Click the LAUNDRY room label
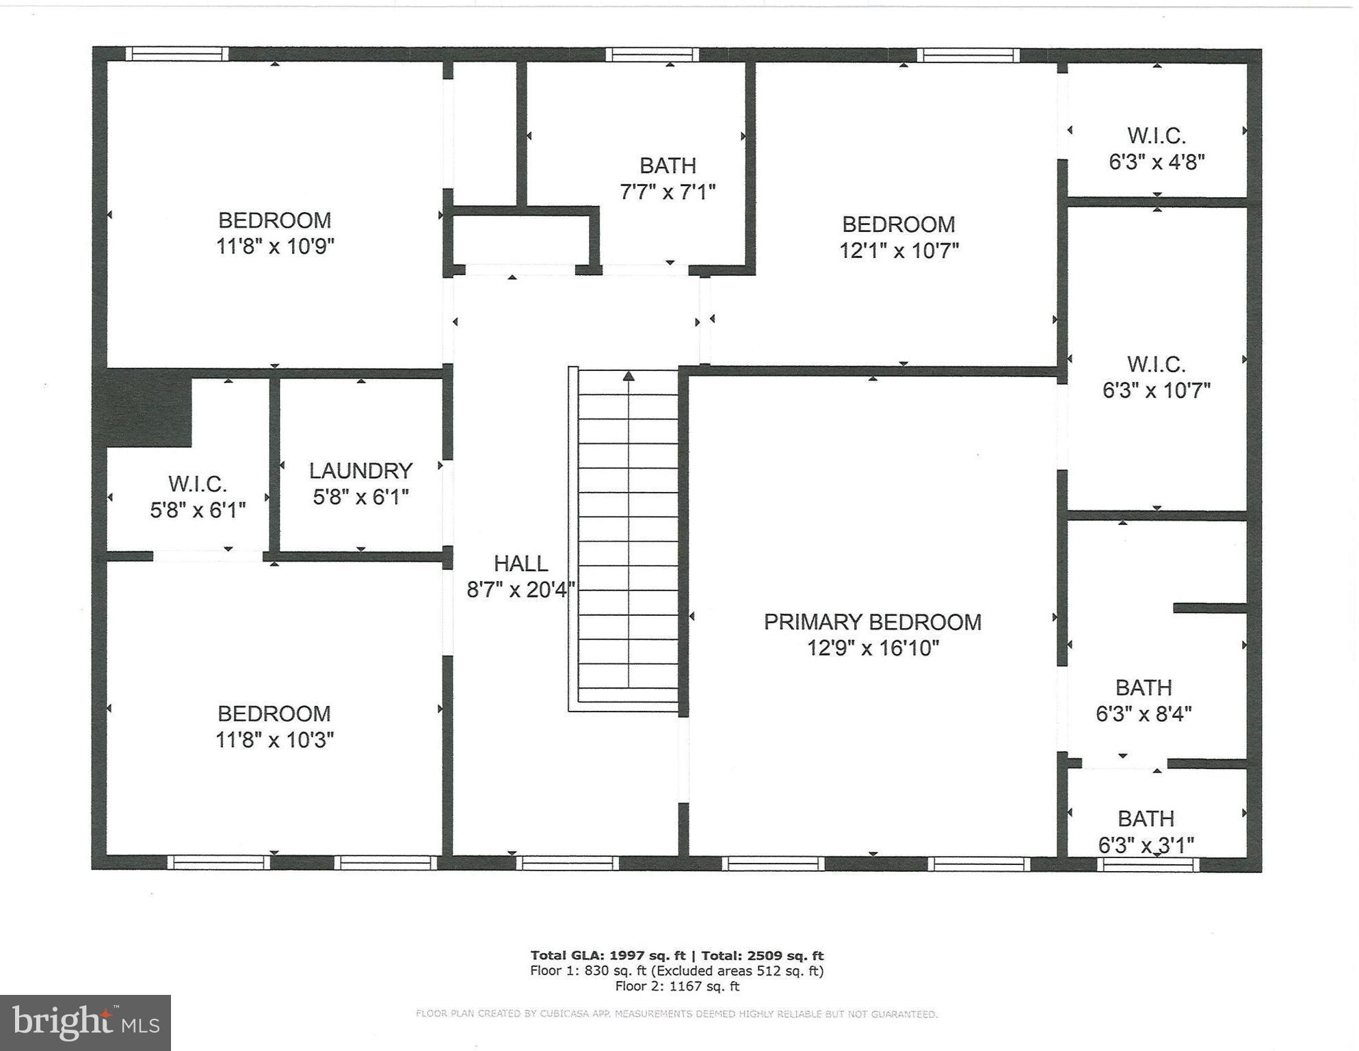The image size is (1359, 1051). click(360, 471)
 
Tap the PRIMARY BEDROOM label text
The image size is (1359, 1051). click(872, 622)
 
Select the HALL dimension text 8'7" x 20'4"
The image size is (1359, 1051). click(520, 589)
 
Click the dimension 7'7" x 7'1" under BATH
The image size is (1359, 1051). click(667, 192)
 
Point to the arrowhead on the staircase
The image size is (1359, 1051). click(629, 376)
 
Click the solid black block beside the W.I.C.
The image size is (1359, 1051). click(148, 408)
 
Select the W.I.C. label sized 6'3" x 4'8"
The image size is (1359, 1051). click(1156, 135)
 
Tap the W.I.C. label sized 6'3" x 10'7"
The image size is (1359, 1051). click(1156, 364)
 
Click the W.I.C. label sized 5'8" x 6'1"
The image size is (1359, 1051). click(197, 484)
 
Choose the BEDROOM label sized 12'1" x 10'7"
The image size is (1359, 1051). click(898, 224)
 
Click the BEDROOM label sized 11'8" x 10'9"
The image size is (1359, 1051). click(274, 220)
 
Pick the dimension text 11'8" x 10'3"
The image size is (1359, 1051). click(274, 740)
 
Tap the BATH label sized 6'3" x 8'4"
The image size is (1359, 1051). click(1143, 687)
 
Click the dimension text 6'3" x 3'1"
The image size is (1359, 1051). click(1146, 846)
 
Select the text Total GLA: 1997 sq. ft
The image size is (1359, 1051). click(607, 956)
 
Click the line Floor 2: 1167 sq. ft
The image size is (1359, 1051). click(676, 986)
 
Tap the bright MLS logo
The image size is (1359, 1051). click(85, 1022)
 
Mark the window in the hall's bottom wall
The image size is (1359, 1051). click(567, 864)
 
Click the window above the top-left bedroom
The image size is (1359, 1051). click(177, 54)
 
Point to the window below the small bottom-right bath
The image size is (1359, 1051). click(1148, 865)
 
